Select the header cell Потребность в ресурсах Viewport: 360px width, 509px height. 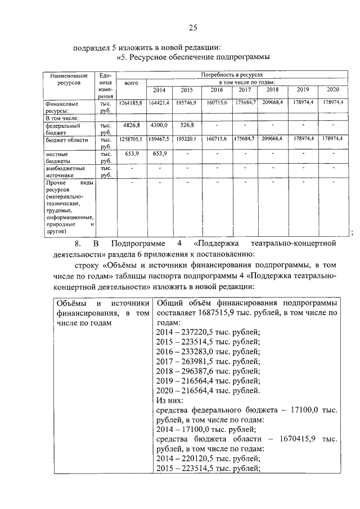(232, 74)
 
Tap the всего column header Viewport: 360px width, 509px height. (131, 83)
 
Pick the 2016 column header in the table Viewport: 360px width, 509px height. (217, 90)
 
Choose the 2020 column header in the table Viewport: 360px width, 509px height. (333, 90)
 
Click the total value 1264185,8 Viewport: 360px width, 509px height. (131, 103)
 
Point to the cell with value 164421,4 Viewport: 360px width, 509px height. (159, 103)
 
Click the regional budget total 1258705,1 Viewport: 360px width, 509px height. (131, 138)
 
